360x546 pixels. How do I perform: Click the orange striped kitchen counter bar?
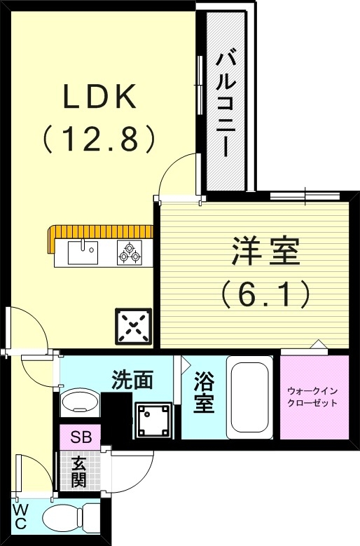(98, 232)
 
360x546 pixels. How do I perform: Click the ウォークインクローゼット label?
(313, 397)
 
